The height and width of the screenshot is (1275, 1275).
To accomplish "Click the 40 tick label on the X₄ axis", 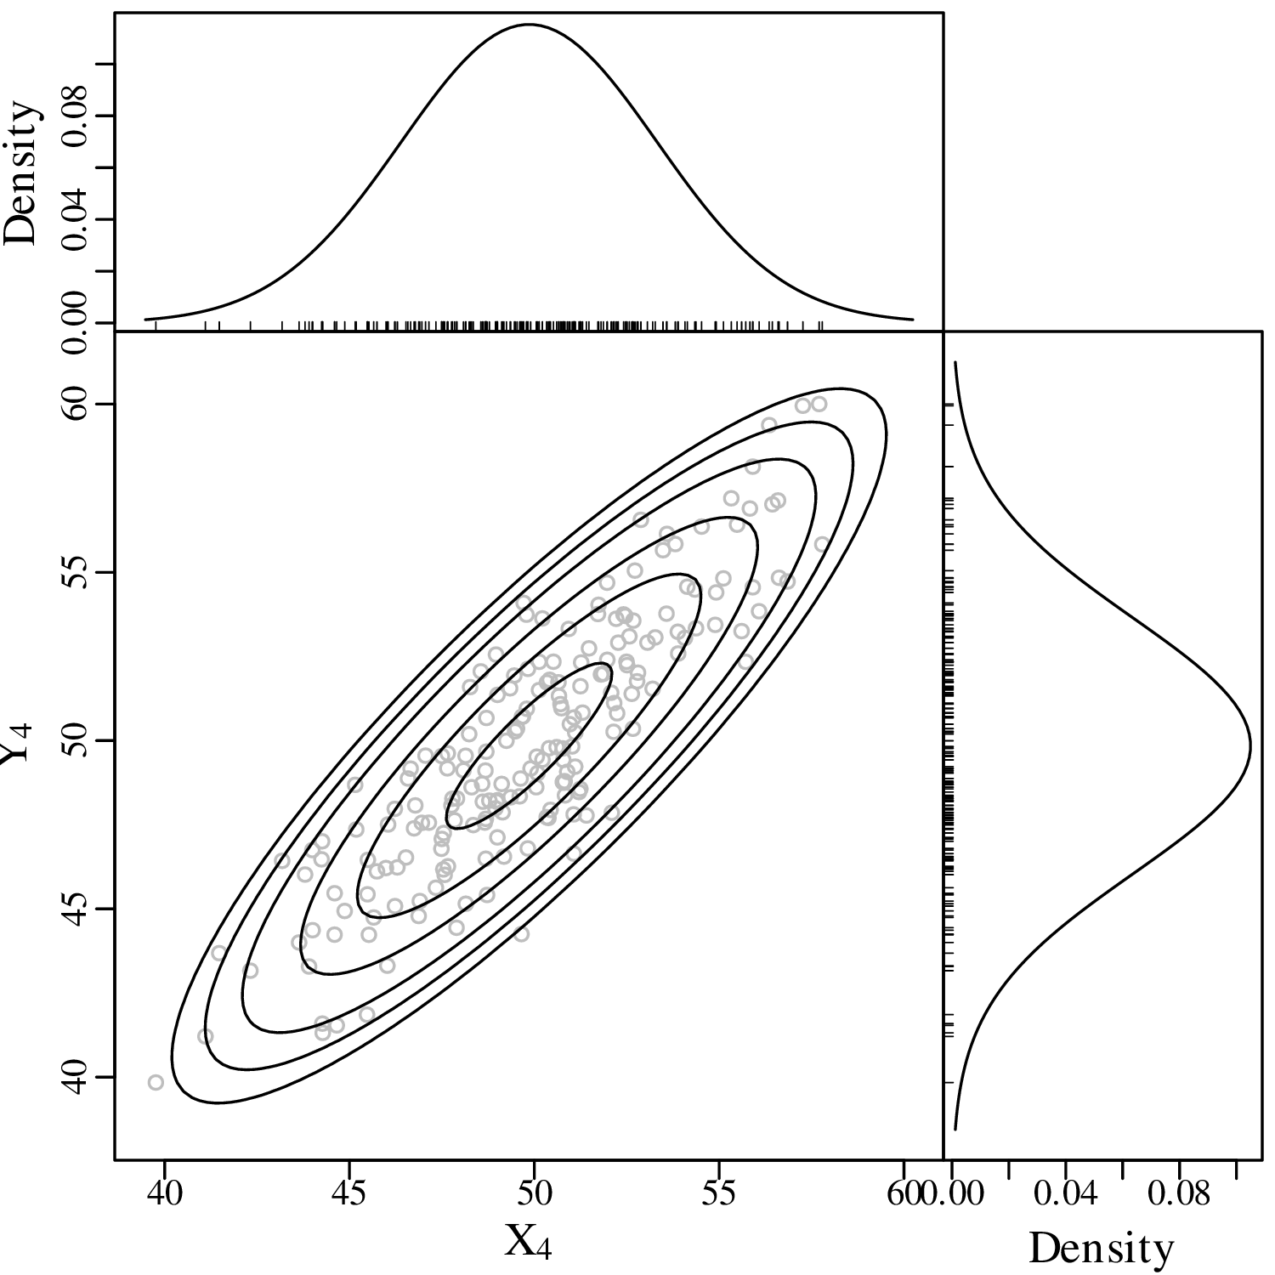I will pos(164,1194).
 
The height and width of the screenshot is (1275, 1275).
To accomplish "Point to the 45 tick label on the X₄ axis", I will pos(348,1194).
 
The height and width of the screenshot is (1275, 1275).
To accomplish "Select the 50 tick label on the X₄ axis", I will pos(534,1194).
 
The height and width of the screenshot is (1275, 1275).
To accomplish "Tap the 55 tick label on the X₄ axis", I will pos(718,1194).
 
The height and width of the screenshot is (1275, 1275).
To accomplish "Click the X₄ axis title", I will pos(529,1242).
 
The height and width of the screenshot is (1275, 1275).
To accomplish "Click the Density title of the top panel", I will pos(22,174).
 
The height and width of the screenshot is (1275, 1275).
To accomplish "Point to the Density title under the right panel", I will pos(1101,1249).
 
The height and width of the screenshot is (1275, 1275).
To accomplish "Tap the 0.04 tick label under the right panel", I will pos(1065,1194).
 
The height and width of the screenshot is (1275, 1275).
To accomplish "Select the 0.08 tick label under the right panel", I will pos(1178,1194).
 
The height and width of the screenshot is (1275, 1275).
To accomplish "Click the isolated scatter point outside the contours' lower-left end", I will pos(156,1082).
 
